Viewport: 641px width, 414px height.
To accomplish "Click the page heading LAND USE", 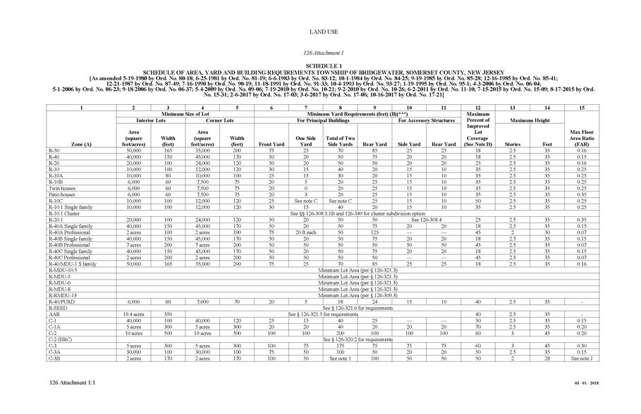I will [320, 32].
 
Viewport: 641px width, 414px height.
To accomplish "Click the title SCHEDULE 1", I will [320, 65].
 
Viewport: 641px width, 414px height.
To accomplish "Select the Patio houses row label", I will [63, 194].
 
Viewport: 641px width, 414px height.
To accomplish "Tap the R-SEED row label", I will [58, 308].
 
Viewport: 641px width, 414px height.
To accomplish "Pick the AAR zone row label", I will [54, 314].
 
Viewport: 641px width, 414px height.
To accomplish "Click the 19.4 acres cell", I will [133, 314].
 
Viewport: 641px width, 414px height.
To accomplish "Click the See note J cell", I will [582, 359].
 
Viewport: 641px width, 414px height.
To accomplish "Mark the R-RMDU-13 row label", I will [63, 296].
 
